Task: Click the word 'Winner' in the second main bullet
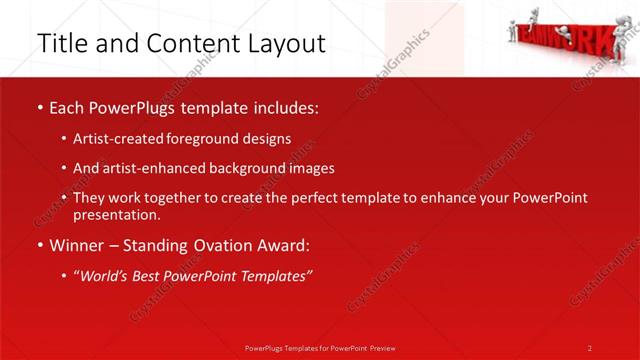75,245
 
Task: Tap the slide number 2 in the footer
590,348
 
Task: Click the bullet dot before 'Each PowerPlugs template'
39,107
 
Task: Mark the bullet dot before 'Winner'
39,246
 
